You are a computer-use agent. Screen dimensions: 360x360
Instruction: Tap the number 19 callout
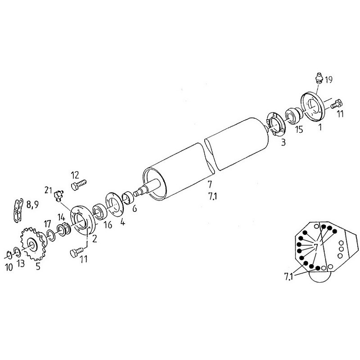click(329, 80)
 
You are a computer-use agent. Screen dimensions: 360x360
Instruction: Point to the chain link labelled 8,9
click(18, 210)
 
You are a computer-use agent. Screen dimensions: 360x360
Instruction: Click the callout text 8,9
click(32, 204)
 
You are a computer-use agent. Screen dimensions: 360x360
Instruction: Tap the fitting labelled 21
click(58, 196)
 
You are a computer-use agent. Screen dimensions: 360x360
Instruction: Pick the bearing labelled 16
click(99, 212)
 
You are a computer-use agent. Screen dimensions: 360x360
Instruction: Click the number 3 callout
click(283, 142)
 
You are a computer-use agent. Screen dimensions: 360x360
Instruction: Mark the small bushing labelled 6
click(129, 197)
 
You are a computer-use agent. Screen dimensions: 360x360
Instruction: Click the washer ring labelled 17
click(50, 235)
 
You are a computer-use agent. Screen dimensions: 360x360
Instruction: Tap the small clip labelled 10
click(9, 254)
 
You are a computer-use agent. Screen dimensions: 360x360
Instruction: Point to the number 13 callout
click(21, 263)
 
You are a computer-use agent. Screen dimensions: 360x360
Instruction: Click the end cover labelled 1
click(313, 107)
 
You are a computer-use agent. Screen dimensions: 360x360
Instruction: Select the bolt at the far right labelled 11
click(337, 104)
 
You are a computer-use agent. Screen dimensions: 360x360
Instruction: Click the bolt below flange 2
click(77, 252)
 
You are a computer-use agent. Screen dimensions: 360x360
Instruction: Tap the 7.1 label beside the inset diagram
click(289, 276)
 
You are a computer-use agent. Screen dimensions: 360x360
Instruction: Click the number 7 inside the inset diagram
click(316, 247)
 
